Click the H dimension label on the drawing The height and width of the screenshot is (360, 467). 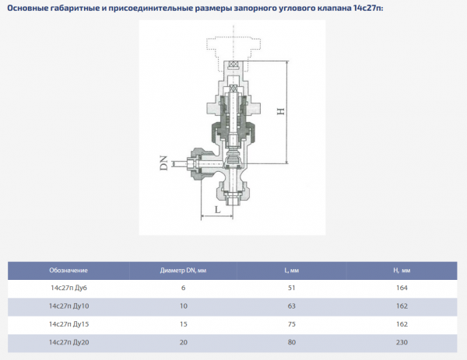point(280,111)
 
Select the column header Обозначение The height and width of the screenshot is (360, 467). point(68,271)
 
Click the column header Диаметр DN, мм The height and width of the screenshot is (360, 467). point(184,271)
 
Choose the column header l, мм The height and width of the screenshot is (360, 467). point(292,271)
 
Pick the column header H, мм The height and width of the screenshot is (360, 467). point(402,271)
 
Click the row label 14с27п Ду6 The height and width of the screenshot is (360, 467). point(68,288)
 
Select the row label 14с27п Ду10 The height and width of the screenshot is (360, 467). point(68,306)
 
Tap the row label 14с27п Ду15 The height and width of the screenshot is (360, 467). point(68,323)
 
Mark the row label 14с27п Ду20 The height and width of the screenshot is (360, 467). point(68,341)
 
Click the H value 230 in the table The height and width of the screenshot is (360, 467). point(402,341)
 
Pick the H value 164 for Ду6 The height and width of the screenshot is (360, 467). point(402,288)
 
